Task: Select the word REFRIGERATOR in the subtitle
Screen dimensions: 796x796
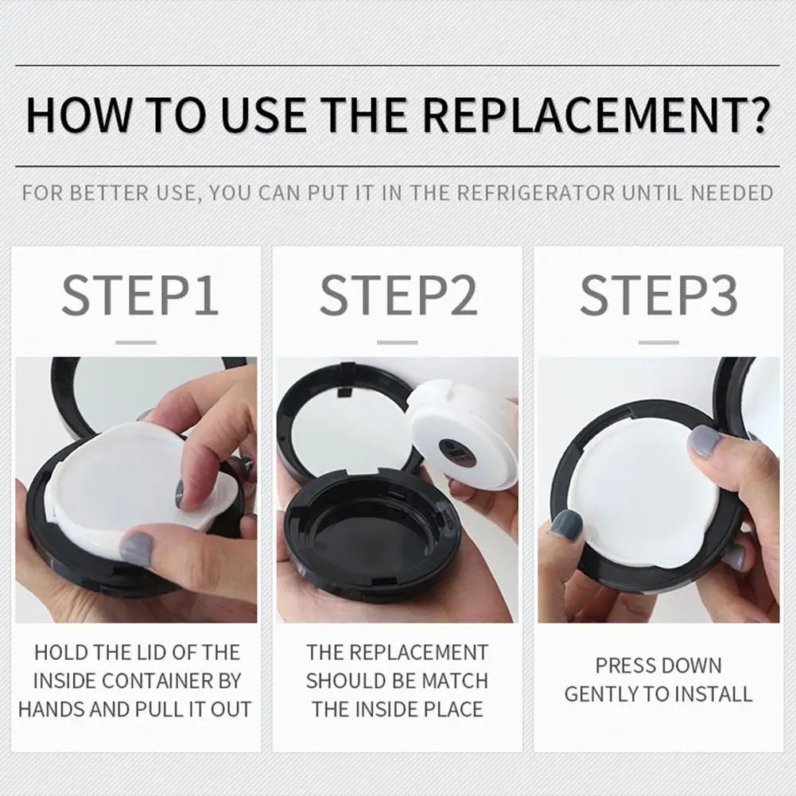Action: pyautogui.click(x=536, y=193)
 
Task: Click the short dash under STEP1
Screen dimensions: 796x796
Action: pyautogui.click(x=136, y=343)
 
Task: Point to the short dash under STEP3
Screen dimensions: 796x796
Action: pyautogui.click(x=658, y=343)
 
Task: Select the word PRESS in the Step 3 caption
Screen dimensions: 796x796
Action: pyautogui.click(x=622, y=666)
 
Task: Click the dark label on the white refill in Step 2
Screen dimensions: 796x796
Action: pyautogui.click(x=455, y=451)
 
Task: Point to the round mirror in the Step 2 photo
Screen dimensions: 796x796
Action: pyautogui.click(x=345, y=424)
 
